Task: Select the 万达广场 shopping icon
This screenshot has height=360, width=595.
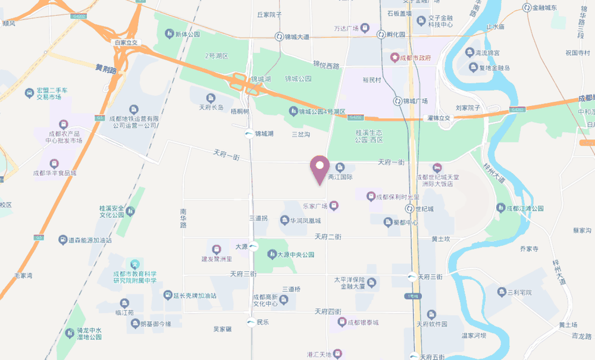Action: coord(365,28)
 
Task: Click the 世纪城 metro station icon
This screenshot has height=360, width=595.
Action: coord(409,209)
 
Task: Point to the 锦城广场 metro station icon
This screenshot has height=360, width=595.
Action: coord(397,101)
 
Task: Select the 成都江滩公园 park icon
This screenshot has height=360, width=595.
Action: coord(500,208)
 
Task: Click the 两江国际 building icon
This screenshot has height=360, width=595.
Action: coord(340,167)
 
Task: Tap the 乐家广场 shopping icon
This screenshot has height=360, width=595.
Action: coord(334,206)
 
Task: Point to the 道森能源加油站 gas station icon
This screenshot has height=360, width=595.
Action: coord(62,240)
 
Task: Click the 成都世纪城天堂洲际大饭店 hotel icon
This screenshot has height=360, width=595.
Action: coord(438,167)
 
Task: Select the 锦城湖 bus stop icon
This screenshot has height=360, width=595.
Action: coord(249,134)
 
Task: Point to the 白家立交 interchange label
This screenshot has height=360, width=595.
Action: coord(126,43)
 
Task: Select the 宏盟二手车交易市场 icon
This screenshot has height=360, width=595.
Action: coord(29,93)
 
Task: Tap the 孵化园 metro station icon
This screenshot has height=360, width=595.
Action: coord(381,35)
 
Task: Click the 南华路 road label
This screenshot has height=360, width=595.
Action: coord(183,218)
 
